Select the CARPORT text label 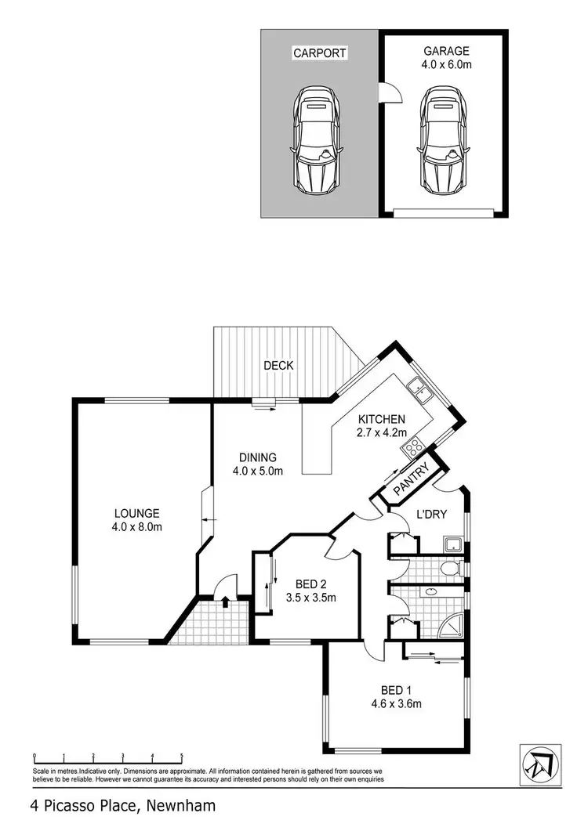click(x=319, y=53)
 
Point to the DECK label click(x=278, y=365)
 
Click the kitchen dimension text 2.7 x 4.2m click(x=381, y=432)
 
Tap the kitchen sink click(x=416, y=386)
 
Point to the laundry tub click(x=452, y=544)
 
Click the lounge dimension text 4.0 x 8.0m click(x=136, y=526)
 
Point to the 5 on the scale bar click(x=182, y=757)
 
